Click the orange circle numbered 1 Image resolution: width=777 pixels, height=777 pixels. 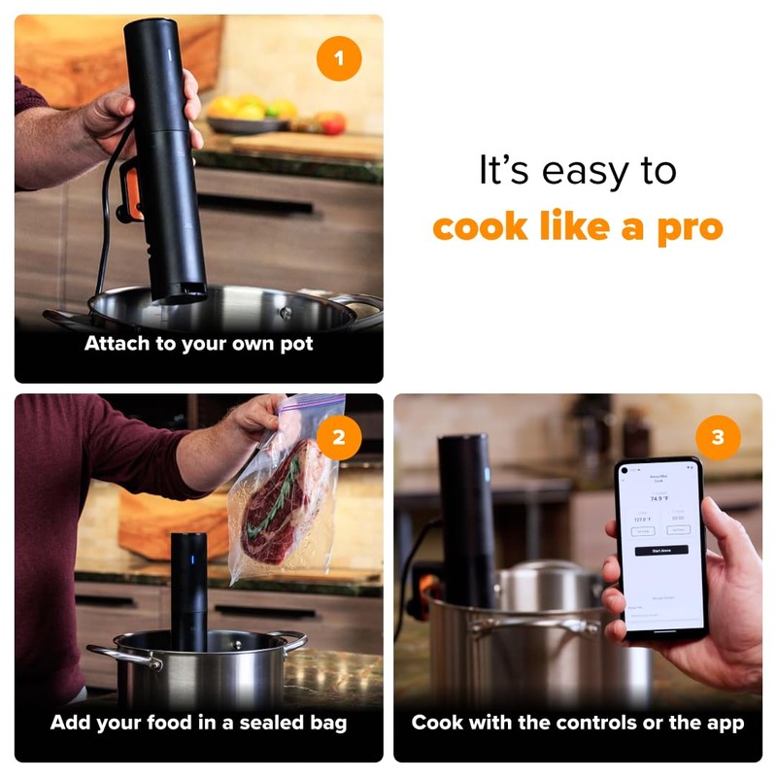pos(338,59)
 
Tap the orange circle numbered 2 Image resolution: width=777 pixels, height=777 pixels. pos(338,438)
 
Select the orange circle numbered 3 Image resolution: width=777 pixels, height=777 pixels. pos(718,438)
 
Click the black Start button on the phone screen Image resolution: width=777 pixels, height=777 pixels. pos(660,550)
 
